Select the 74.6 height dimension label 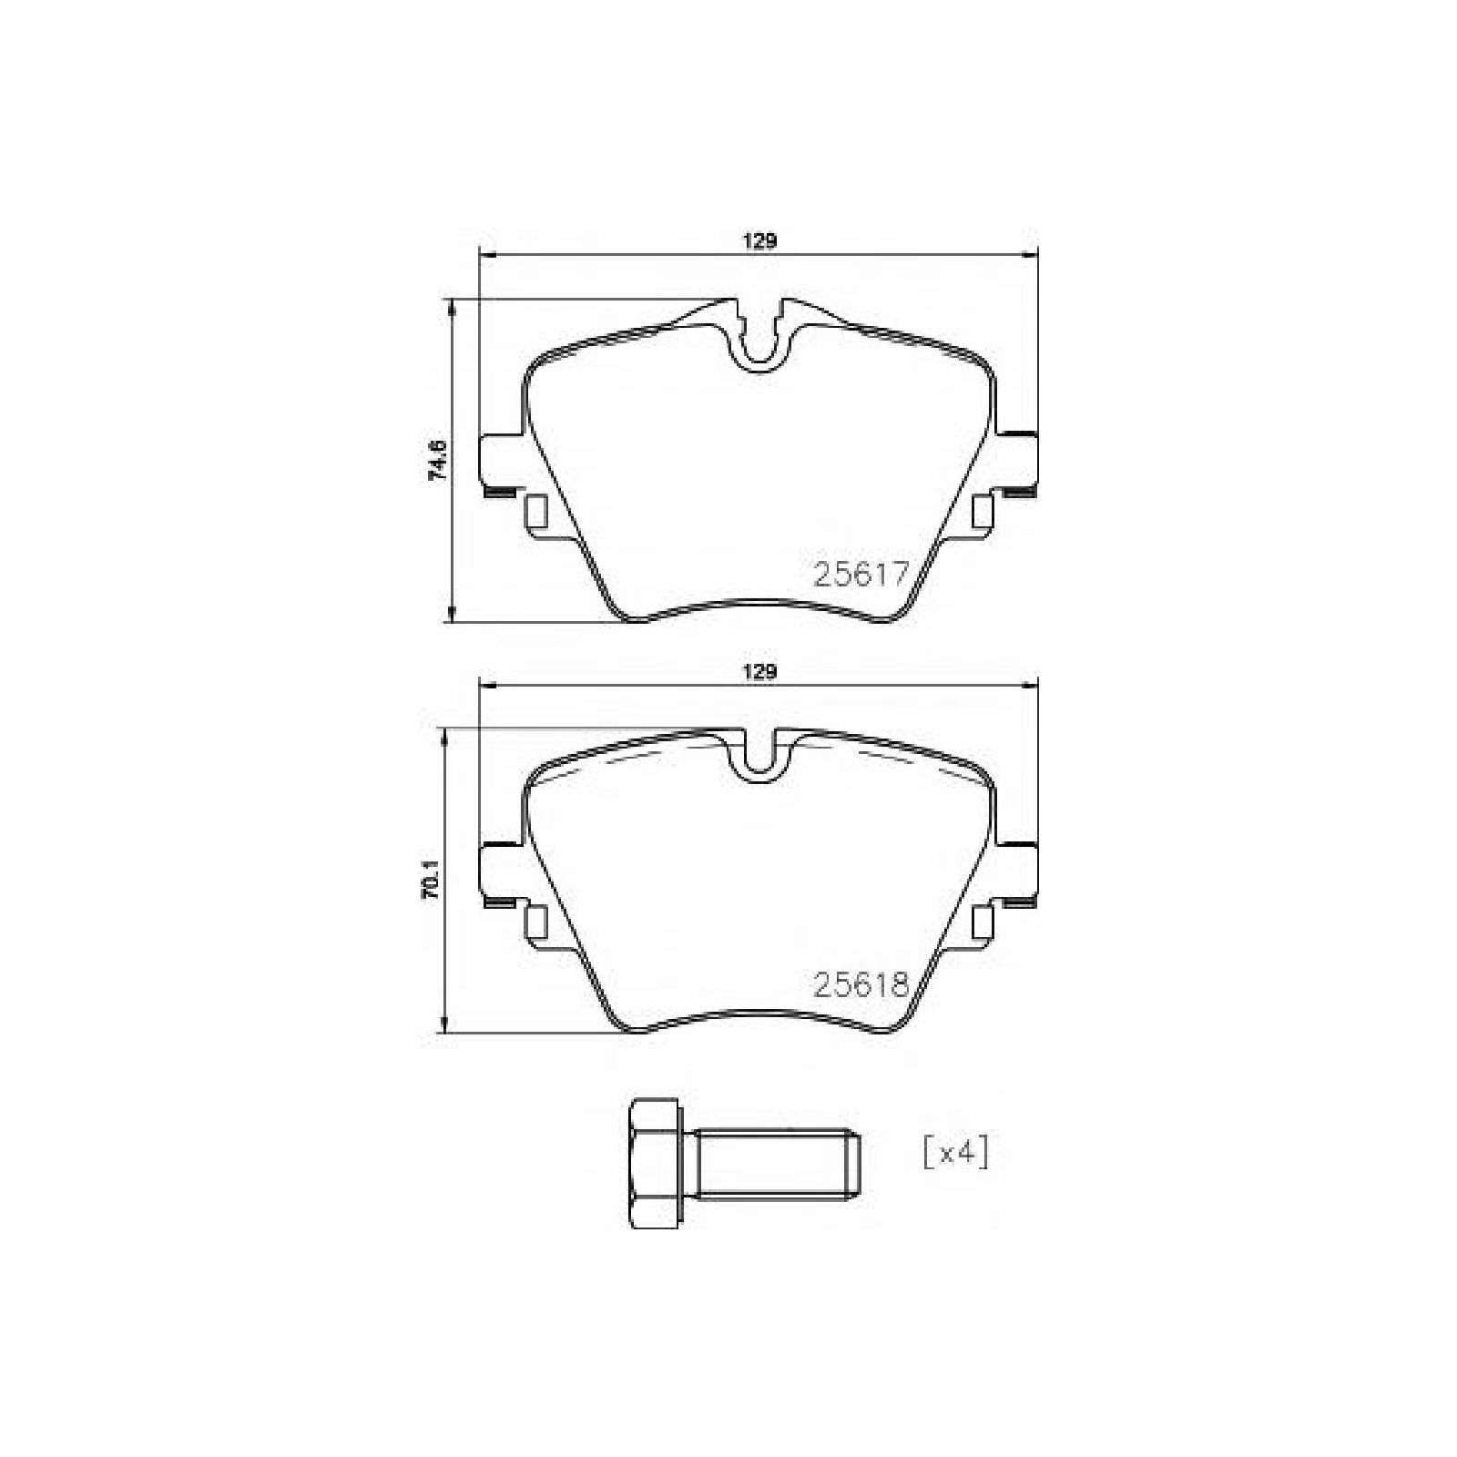(x=438, y=460)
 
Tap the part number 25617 (x=861, y=574)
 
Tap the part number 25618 (x=861, y=984)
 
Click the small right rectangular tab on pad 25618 (x=982, y=922)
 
